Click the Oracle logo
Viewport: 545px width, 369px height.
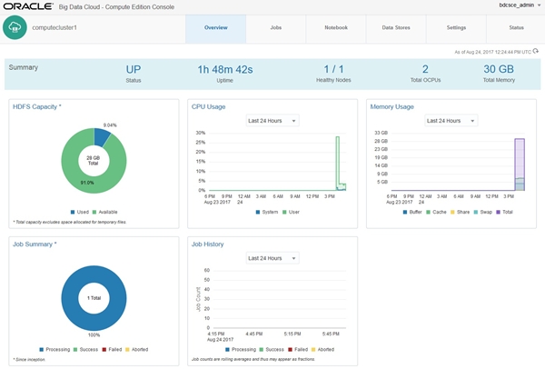(x=32, y=6)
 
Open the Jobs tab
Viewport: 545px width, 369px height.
(x=275, y=28)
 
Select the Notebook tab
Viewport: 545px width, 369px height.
(x=336, y=28)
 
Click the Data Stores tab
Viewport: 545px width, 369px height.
(x=396, y=28)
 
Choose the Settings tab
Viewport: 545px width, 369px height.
(x=456, y=28)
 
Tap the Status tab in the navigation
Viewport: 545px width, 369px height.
(x=516, y=28)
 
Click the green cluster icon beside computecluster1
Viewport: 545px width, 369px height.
(x=15, y=28)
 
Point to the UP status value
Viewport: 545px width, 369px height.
(x=134, y=68)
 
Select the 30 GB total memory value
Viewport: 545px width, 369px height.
(x=499, y=68)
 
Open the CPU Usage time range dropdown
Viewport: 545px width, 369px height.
(x=272, y=120)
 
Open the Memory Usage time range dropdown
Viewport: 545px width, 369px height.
(x=452, y=120)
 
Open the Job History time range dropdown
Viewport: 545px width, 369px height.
(x=272, y=257)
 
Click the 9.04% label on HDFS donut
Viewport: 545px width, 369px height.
(x=110, y=125)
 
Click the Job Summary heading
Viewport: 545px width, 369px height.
(x=35, y=244)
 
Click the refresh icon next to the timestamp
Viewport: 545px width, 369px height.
(x=536, y=51)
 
